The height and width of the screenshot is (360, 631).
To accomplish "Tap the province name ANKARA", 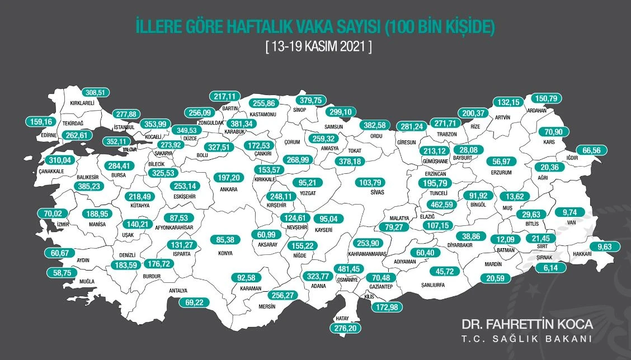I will tap(229, 190).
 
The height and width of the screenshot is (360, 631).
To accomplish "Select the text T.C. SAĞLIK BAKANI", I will tap(526, 339).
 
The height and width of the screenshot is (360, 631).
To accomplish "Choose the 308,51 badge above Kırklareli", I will tap(97, 93).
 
